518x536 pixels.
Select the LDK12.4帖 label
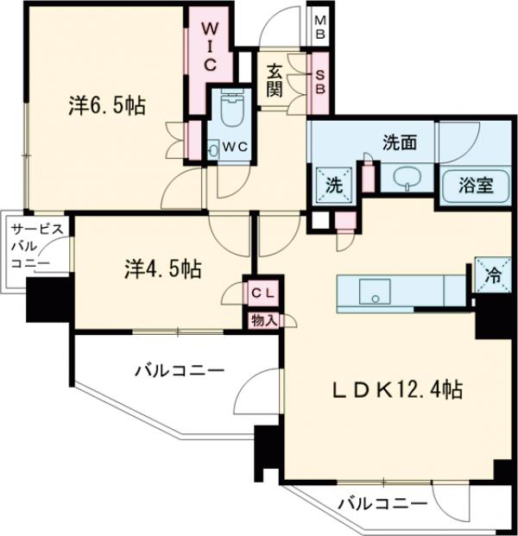pos(397,390)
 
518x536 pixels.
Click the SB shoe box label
pos(319,79)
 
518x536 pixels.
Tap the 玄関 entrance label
pos(275,79)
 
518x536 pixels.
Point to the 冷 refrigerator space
pos(492,277)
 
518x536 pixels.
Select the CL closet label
pos(262,292)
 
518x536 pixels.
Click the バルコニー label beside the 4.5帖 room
pos(179,371)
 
